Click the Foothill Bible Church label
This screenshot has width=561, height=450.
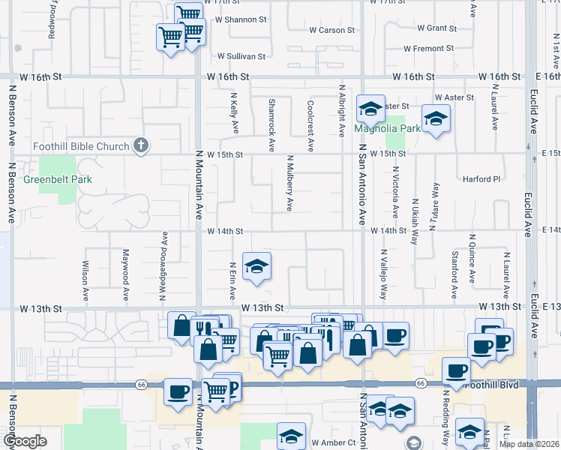pyautogui.click(x=81, y=145)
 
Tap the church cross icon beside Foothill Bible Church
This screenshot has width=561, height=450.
pyautogui.click(x=140, y=145)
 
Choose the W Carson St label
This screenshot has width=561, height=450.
pyautogui.click(x=331, y=30)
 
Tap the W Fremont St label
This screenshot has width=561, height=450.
pyautogui.click(x=428, y=49)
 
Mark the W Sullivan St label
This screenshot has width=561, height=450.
pyautogui.click(x=241, y=56)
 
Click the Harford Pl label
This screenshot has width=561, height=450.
pyautogui.click(x=481, y=179)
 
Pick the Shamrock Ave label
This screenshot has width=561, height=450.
pyautogui.click(x=271, y=118)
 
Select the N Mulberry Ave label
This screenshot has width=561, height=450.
pyautogui.click(x=289, y=183)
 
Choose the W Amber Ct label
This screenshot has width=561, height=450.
pyautogui.click(x=333, y=443)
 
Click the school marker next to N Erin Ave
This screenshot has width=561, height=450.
pyautogui.click(x=256, y=267)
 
